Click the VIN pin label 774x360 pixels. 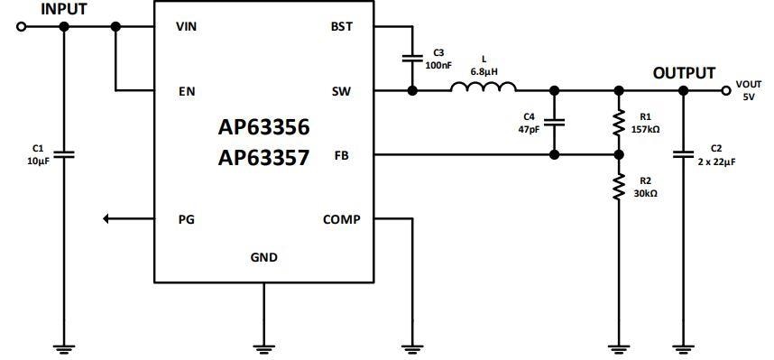tap(186, 26)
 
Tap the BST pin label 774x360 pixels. tap(342, 26)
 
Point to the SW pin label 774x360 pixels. tap(342, 91)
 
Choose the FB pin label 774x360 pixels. tap(344, 155)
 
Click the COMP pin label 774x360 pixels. tap(341, 219)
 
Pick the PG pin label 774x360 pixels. tap(185, 219)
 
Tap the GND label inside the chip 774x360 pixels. tap(263, 258)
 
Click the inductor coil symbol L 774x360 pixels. tap(483, 88)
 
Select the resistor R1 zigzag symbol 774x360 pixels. tap(619, 124)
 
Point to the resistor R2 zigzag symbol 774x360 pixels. tap(619, 187)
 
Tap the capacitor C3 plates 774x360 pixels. tap(412, 59)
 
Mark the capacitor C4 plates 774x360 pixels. tap(554, 123)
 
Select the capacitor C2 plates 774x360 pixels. tap(683, 154)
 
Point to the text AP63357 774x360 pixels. tap(263, 158)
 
